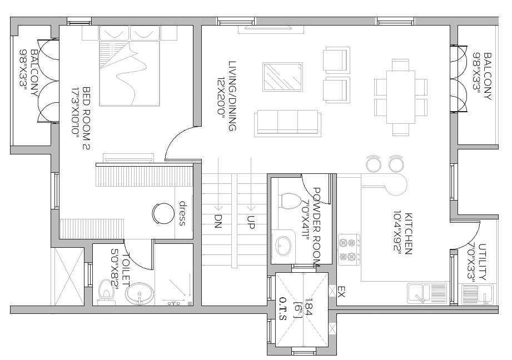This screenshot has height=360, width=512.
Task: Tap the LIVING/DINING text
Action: click(232, 96)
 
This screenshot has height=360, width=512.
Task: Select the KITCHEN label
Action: click(408, 233)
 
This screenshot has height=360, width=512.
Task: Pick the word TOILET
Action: click(125, 271)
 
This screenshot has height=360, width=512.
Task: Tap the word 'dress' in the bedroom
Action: click(182, 213)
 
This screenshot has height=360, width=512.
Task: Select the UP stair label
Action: click(251, 223)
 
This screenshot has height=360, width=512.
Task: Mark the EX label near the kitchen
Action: click(341, 291)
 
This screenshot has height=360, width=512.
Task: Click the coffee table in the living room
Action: click(284, 77)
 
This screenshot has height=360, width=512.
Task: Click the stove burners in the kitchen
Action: click(347, 249)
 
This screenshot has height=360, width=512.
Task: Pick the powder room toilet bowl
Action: click(289, 202)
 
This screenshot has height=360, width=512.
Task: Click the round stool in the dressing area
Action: click(163, 213)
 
